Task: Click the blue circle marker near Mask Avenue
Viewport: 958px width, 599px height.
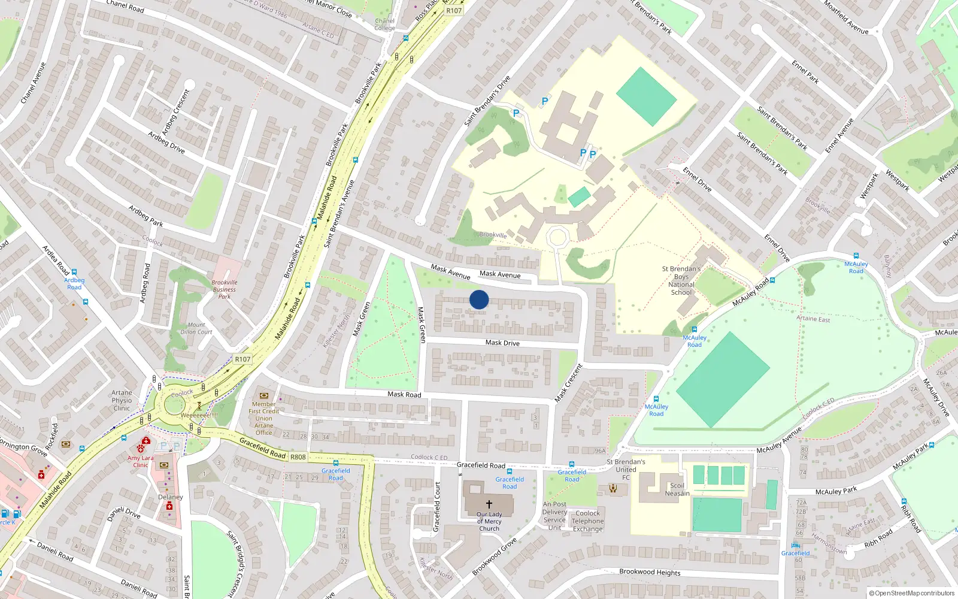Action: [x=479, y=299]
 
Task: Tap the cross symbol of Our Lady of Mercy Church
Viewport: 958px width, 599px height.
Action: [x=489, y=504]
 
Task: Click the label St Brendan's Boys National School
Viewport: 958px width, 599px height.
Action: [x=681, y=280]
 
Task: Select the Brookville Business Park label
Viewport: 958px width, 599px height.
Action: [x=225, y=289]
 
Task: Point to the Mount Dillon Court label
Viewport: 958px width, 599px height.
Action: [x=196, y=328]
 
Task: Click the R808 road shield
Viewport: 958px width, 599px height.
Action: [x=298, y=457]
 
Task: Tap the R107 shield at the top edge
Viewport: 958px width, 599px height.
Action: [x=454, y=11]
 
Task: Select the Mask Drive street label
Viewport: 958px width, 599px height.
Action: [x=502, y=343]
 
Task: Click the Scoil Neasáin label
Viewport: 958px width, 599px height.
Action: [x=677, y=489]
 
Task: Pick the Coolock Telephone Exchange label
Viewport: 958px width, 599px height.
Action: [x=587, y=521]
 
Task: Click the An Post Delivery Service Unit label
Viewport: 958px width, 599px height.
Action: [x=554, y=516]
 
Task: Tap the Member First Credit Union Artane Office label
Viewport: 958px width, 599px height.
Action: [x=263, y=418]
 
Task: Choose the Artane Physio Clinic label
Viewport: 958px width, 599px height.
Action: [x=122, y=401]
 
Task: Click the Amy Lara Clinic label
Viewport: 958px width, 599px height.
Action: [x=140, y=461]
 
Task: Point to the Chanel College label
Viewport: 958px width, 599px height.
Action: [x=384, y=24]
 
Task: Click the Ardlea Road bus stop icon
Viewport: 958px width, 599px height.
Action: [x=74, y=272]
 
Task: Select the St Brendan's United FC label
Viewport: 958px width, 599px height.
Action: [x=626, y=470]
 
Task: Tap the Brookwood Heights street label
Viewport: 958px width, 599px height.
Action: [x=650, y=572]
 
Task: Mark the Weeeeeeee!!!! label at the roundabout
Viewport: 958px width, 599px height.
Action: [x=199, y=415]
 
